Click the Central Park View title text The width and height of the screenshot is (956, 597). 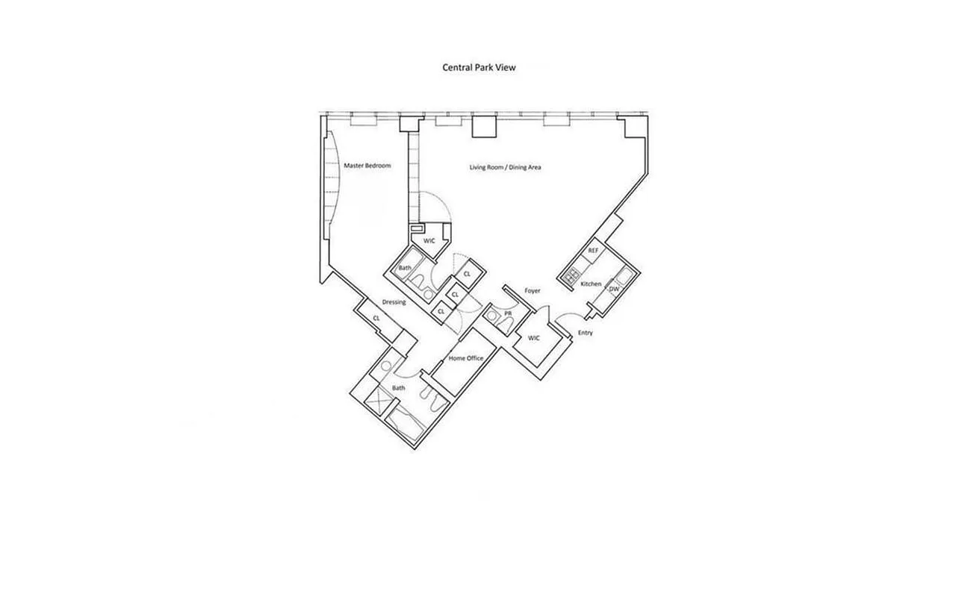tap(479, 67)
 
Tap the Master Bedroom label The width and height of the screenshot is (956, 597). tap(367, 166)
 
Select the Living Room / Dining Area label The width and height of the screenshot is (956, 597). tap(505, 167)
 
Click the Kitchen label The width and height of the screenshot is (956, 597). tap(591, 284)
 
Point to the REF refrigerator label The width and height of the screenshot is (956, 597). tap(593, 251)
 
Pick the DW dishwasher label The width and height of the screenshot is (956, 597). tap(613, 289)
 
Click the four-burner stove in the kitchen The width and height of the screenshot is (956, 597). tap(573, 278)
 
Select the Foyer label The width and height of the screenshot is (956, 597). tap(532, 290)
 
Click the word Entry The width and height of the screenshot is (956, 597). tap(586, 333)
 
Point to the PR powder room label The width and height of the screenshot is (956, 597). tap(508, 313)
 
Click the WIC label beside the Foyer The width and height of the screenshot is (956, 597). tap(533, 338)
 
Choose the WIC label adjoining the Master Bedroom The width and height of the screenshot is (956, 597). tap(429, 241)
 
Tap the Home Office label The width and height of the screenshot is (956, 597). tap(466, 358)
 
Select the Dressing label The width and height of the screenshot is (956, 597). tap(394, 302)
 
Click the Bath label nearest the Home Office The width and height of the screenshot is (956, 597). tap(399, 388)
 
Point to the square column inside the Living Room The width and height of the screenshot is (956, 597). tap(483, 125)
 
